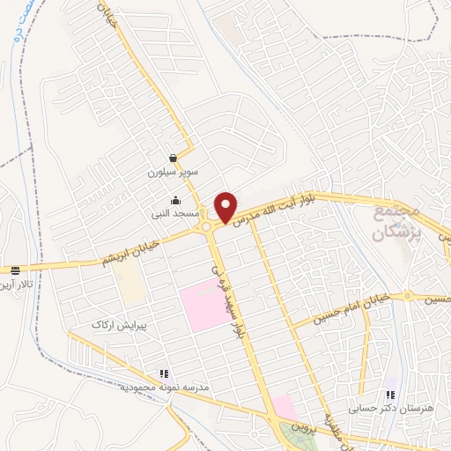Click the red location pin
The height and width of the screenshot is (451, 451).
pyautogui.click(x=227, y=206)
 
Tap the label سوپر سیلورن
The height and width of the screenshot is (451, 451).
pyautogui.click(x=174, y=174)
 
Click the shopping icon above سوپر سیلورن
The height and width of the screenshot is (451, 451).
pyautogui.click(x=174, y=158)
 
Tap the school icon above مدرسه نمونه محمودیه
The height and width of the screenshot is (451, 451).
pyautogui.click(x=163, y=374)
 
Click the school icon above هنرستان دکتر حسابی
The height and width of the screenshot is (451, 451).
pyautogui.click(x=390, y=395)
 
